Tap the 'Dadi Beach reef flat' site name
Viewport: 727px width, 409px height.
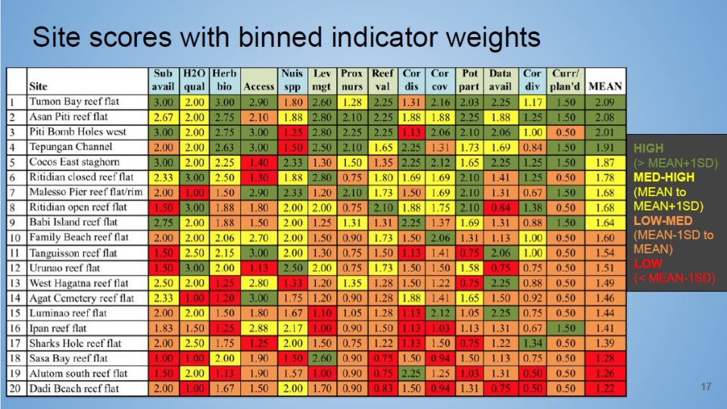tap(73, 389)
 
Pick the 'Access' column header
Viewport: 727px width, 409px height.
tap(259, 86)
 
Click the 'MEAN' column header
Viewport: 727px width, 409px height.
tap(605, 86)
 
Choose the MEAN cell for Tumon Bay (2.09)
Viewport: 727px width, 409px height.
tap(605, 101)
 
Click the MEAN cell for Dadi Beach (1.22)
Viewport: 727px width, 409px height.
tap(605, 389)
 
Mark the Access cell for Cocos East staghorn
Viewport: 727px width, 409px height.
tap(259, 162)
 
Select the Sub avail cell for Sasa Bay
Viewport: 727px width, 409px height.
tap(163, 358)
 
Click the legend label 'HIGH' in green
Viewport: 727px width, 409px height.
tap(648, 148)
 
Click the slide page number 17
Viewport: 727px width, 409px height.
tap(706, 388)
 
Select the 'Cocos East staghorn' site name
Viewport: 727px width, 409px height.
tap(74, 162)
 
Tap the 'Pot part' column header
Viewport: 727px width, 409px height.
tap(470, 80)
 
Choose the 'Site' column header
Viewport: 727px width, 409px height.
tap(37, 86)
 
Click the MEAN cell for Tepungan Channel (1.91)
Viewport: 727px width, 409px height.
tap(605, 147)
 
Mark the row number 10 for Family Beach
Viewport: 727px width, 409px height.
tap(16, 238)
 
